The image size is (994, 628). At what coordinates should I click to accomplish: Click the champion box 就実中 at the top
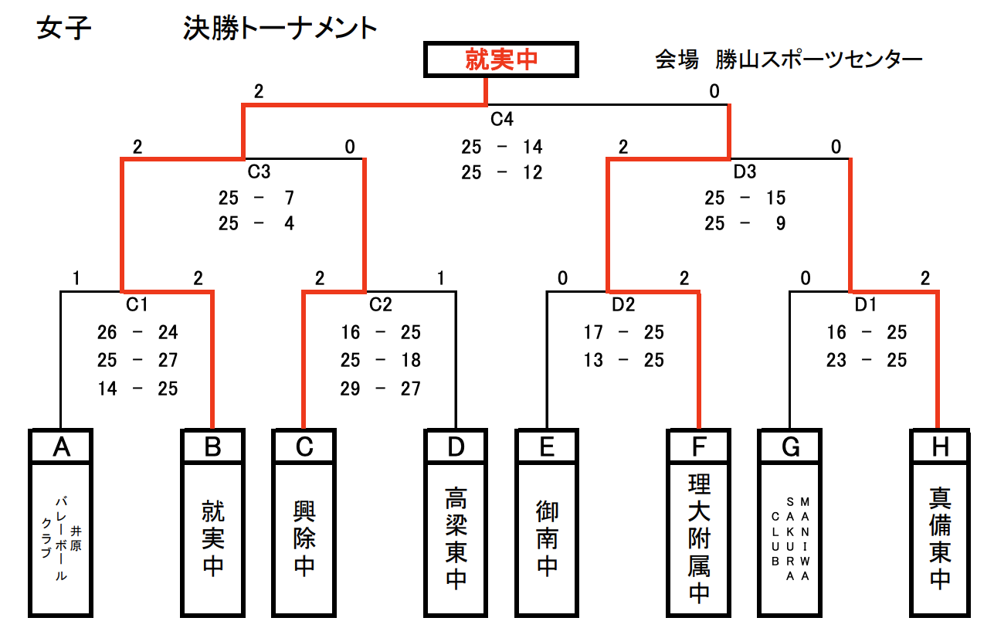(x=501, y=59)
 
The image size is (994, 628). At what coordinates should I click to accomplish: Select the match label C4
(x=502, y=120)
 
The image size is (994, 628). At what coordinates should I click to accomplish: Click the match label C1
(x=137, y=304)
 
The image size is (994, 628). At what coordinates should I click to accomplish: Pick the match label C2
(x=381, y=304)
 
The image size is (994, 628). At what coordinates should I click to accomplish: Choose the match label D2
(x=623, y=304)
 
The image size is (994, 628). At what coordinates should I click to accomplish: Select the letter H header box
(x=940, y=446)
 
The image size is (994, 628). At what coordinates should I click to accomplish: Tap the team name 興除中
(x=304, y=538)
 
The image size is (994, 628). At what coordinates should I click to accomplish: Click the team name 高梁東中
(x=456, y=538)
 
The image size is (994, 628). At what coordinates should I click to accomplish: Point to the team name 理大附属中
(x=699, y=538)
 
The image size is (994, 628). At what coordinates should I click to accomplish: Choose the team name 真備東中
(x=940, y=538)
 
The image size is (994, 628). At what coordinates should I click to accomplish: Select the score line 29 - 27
(x=381, y=388)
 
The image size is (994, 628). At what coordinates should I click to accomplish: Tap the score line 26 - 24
(x=137, y=332)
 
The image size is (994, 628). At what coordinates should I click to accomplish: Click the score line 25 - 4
(x=256, y=224)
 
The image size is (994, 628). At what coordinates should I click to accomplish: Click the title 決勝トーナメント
(x=280, y=29)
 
